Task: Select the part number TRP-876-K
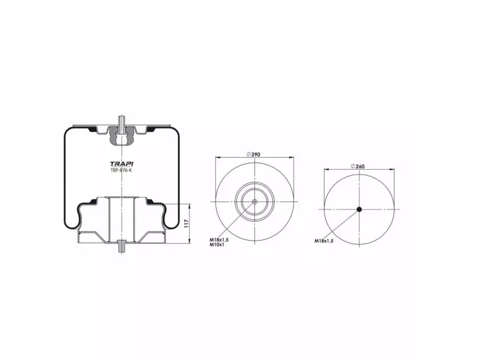(x=121, y=171)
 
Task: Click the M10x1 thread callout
(x=217, y=244)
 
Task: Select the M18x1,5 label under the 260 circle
(x=324, y=240)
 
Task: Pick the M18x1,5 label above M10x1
(x=219, y=239)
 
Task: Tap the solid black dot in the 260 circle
(x=359, y=209)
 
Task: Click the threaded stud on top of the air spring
(x=121, y=122)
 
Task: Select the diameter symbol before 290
(x=248, y=155)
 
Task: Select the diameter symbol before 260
(x=354, y=166)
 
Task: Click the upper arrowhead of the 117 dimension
(x=190, y=206)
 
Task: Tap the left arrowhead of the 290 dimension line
(x=217, y=158)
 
